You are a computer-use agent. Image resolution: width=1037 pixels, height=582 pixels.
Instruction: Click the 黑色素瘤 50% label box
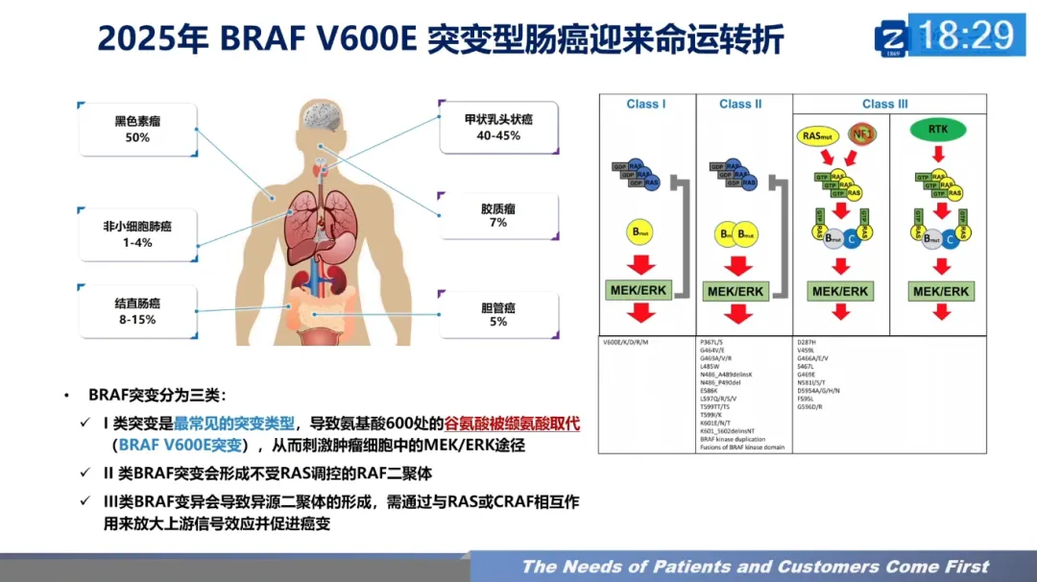[x=137, y=130]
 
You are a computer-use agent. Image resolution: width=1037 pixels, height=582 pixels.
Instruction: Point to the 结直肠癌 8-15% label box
[x=137, y=310]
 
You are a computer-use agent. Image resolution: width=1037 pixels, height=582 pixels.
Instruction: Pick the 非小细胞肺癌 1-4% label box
[x=137, y=234]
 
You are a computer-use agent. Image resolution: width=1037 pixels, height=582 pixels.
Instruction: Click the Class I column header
[x=646, y=104]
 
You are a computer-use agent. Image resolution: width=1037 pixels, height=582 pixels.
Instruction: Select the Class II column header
[x=740, y=104]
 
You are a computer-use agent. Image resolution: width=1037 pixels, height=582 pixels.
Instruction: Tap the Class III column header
[x=884, y=104]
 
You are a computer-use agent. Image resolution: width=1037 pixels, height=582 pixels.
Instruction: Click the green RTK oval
[x=938, y=129]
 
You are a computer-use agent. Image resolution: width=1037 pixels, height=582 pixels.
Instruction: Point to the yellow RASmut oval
[x=819, y=134]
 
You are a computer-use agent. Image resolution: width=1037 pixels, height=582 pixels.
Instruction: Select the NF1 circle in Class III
[x=863, y=134]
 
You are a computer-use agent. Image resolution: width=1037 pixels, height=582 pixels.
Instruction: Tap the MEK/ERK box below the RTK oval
[x=940, y=291]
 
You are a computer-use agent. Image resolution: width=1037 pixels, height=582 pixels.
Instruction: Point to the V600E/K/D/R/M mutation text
[x=626, y=342]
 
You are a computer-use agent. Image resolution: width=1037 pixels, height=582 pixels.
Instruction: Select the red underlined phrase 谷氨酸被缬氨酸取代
[x=512, y=424]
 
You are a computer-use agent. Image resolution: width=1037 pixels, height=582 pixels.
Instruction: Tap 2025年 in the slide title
[x=153, y=39]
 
